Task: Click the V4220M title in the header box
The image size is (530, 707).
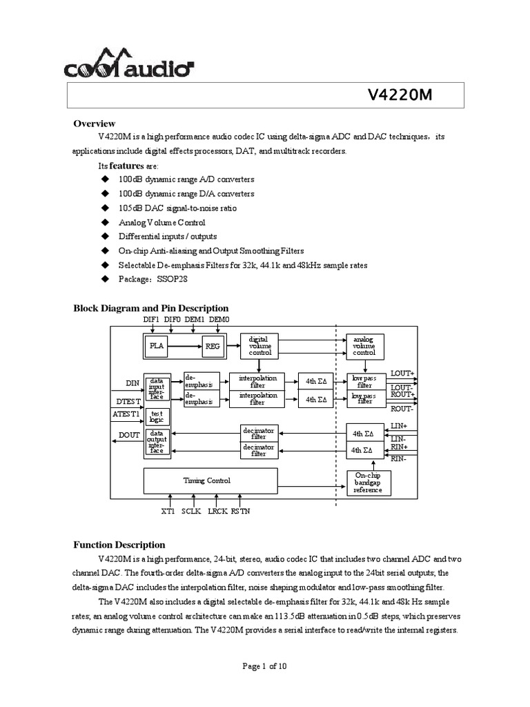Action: [x=401, y=97]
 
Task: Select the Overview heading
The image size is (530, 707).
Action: [x=95, y=124]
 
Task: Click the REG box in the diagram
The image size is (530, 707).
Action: [x=211, y=347]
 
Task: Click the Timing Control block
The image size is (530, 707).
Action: [x=206, y=481]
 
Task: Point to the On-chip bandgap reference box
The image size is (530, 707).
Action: [x=367, y=483]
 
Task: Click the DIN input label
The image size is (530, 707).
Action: [x=132, y=382]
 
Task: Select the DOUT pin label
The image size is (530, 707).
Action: [x=129, y=435]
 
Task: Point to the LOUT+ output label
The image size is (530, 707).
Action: [x=403, y=374]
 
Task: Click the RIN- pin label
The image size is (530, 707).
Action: [x=399, y=458]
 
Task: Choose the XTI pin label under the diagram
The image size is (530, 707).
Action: [x=168, y=512]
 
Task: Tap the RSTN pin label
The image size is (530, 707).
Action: [x=241, y=512]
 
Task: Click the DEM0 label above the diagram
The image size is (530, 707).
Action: [x=218, y=320]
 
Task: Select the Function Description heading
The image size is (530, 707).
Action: [x=119, y=545]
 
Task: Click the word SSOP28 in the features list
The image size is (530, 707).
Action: [x=173, y=279]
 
